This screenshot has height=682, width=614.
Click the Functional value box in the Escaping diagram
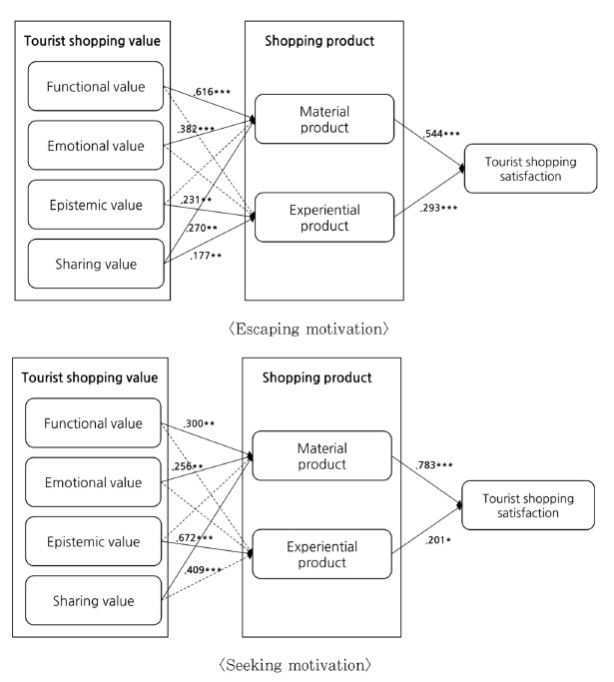(95, 87)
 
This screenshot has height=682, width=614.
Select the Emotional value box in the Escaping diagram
(95, 147)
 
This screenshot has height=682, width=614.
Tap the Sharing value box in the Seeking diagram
(95, 601)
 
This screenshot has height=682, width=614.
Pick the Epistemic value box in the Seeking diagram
(95, 542)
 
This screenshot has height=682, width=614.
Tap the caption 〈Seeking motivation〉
(306, 663)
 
